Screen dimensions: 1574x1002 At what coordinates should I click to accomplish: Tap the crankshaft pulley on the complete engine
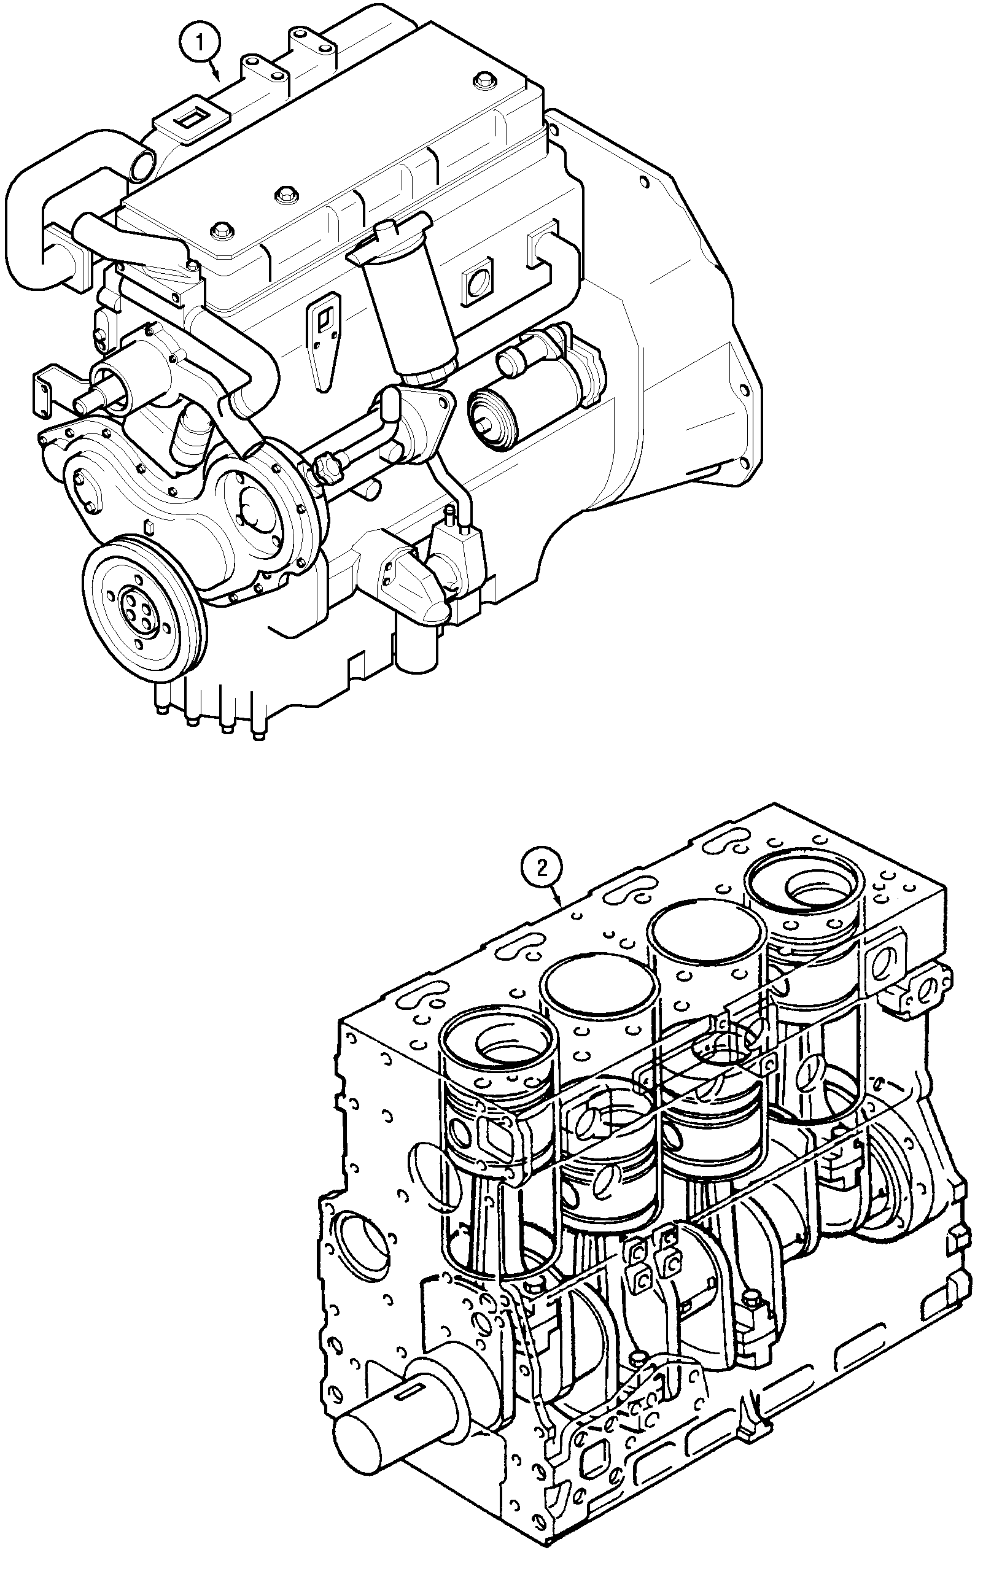point(143,607)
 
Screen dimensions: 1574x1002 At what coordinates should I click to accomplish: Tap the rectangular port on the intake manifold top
point(192,119)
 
